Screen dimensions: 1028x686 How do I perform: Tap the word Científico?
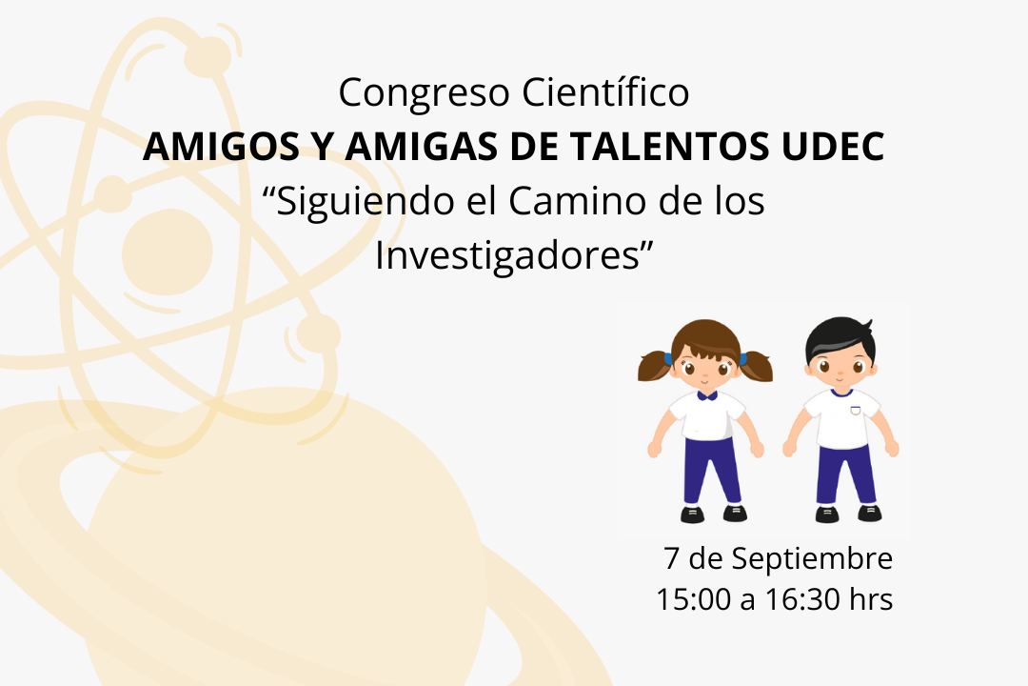click(605, 91)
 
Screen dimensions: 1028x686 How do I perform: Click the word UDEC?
click(833, 147)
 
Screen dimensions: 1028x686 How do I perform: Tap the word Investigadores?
click(506, 256)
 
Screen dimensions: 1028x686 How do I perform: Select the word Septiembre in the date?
click(812, 559)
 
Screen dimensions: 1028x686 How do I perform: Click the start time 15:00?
click(694, 599)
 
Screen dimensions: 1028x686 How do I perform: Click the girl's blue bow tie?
click(706, 395)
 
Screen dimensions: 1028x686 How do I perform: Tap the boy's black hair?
click(840, 339)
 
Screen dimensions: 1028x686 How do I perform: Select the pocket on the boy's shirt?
click(854, 411)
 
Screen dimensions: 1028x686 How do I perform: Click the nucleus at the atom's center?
click(168, 252)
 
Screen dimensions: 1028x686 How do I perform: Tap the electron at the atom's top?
click(208, 56)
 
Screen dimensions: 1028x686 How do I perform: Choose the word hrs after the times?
click(871, 599)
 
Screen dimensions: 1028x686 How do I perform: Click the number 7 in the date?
click(671, 558)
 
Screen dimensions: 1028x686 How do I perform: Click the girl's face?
click(705, 369)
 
